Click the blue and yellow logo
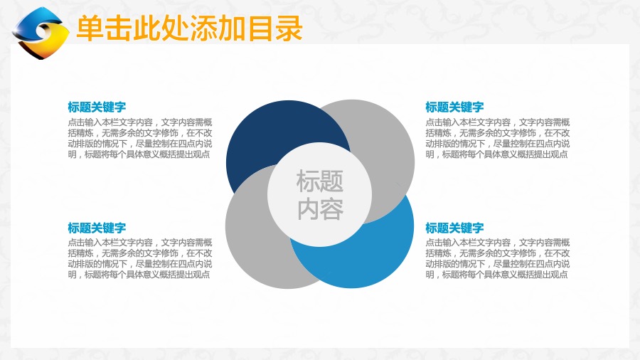pyautogui.click(x=40, y=33)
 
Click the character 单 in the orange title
pyautogui.click(x=90, y=28)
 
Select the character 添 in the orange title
pyautogui.click(x=204, y=28)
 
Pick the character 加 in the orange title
pyautogui.click(x=233, y=28)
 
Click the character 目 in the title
pyautogui.click(x=260, y=28)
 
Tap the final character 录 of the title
pyautogui.click(x=289, y=28)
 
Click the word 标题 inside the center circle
pyautogui.click(x=319, y=181)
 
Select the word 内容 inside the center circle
pyautogui.click(x=319, y=209)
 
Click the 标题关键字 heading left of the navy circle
pyautogui.click(x=97, y=107)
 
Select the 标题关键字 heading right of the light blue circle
pyautogui.click(x=454, y=228)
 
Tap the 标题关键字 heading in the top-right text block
pyautogui.click(x=454, y=107)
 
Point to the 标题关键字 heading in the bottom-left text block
pyautogui.click(x=97, y=228)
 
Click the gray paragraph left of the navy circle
pyautogui.click(x=140, y=138)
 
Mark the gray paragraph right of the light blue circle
pyautogui.click(x=498, y=258)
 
